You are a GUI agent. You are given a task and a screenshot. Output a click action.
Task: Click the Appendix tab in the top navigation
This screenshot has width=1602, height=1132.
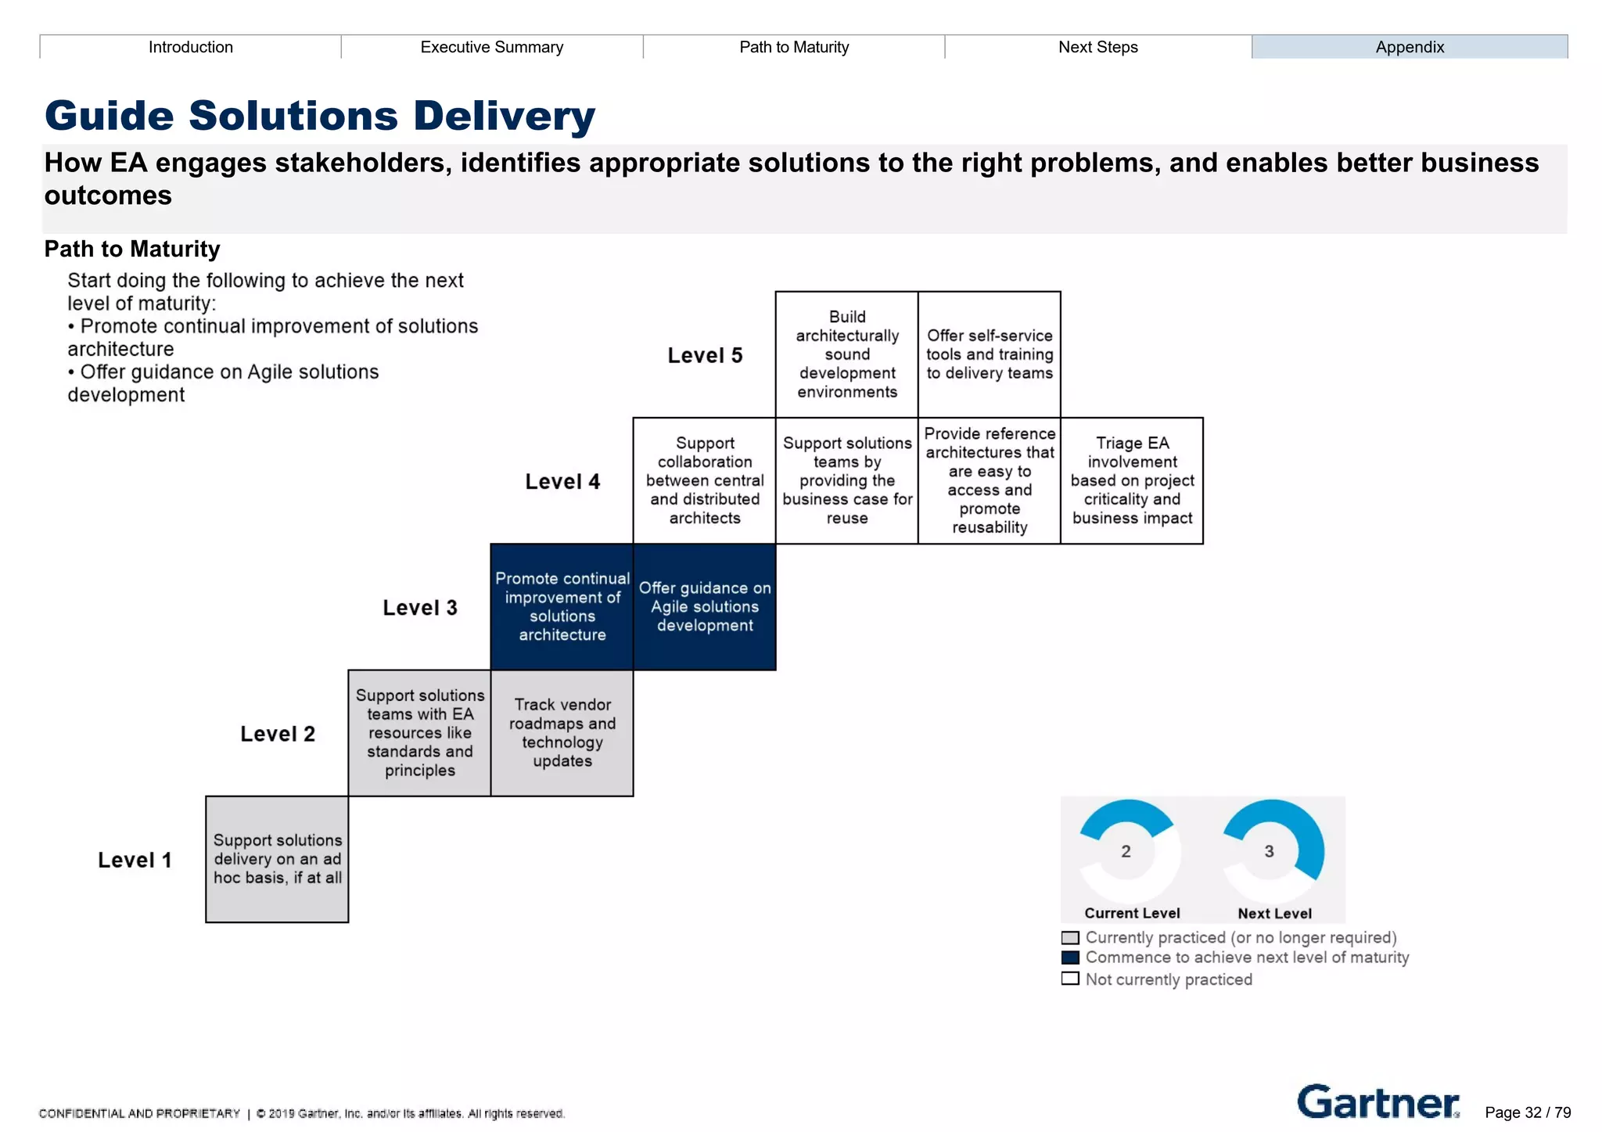coord(1409,47)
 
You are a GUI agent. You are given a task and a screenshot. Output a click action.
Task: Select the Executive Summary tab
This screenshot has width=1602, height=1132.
coord(491,47)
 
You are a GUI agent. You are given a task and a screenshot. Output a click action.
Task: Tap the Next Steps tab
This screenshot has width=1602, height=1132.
coord(1097,47)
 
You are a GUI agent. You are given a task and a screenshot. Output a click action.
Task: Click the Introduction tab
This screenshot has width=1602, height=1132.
coord(191,47)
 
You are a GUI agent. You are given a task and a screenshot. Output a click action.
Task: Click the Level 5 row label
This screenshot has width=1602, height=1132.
coord(704,356)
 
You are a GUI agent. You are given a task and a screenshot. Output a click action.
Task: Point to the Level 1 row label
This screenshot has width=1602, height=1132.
coord(135,861)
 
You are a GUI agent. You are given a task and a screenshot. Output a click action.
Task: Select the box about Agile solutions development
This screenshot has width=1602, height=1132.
coord(704,607)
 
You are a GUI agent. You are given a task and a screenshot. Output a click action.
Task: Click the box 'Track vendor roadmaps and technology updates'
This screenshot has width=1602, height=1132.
coord(562,733)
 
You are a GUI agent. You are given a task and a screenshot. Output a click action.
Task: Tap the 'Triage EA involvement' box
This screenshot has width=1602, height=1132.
coord(1131,480)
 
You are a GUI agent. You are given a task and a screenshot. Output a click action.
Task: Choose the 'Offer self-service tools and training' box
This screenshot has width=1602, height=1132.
coord(989,354)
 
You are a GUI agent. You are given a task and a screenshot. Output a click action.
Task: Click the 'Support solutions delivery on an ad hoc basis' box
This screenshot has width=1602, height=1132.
coord(277,859)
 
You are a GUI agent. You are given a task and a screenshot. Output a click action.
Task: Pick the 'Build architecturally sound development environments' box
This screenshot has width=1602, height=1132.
coord(846,354)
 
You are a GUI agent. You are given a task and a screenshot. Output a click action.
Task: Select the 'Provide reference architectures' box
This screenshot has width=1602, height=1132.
coord(989,480)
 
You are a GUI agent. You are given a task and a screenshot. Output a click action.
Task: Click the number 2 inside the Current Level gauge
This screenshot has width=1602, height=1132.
coord(1126,851)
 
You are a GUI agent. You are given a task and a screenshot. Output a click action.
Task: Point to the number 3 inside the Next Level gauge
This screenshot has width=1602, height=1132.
coord(1269,851)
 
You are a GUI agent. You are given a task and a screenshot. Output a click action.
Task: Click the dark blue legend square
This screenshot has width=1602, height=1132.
coord(1070,958)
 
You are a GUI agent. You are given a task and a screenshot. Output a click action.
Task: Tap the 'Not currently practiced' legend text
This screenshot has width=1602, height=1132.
coord(1168,979)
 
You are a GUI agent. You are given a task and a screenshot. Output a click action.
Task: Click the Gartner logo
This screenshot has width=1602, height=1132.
coord(1378,1102)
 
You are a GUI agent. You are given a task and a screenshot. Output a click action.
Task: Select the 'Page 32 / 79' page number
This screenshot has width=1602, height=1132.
coord(1527,1112)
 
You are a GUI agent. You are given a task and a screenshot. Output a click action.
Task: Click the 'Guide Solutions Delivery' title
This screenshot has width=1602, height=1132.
coord(320,116)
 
